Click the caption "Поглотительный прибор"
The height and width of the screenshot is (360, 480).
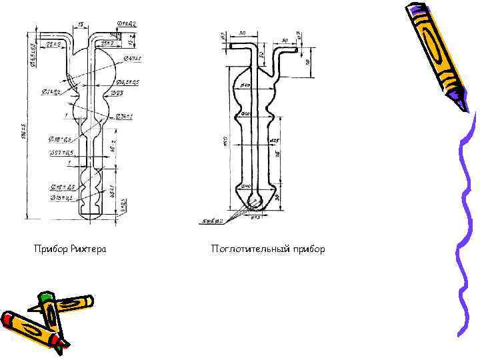point(268,249)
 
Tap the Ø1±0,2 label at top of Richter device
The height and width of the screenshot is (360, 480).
point(126,24)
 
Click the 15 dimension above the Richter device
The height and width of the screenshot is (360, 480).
point(80,25)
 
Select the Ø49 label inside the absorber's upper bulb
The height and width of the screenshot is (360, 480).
point(245,85)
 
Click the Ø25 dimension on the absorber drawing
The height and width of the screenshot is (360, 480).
point(273,141)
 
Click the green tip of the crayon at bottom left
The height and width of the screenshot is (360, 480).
point(45,297)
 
